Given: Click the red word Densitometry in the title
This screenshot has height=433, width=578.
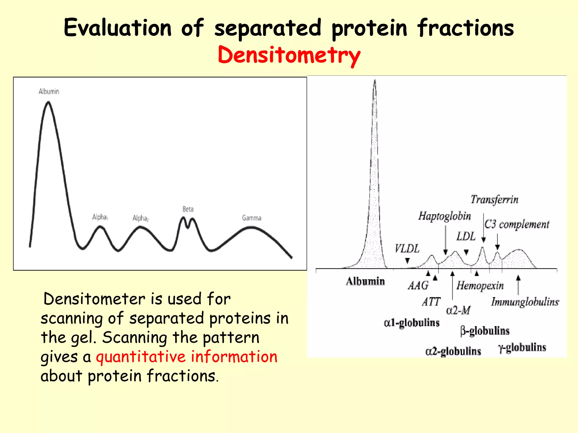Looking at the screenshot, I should tap(289, 55).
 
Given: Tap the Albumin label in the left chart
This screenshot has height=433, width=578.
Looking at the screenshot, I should tap(49, 91).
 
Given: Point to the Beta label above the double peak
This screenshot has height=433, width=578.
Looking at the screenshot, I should tap(188, 209).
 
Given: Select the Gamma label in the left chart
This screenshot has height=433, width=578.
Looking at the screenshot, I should tap(251, 218).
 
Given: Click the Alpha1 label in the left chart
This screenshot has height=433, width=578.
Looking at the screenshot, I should tap(100, 217).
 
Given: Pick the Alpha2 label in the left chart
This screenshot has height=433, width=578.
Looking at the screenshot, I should tap(140, 218).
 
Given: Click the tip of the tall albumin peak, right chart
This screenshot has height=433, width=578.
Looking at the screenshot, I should tap(375, 81).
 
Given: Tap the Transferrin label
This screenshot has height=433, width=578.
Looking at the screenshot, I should tap(494, 200).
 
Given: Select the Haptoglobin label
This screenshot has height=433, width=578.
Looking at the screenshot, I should tap(445, 216).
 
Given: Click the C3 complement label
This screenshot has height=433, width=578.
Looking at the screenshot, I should tap(517, 224).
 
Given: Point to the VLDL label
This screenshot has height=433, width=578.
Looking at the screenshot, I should tap(407, 249).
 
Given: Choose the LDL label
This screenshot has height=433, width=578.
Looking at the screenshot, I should tap(466, 236).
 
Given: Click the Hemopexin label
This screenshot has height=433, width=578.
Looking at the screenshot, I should tap(480, 286).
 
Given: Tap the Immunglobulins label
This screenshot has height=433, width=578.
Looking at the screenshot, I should tap(525, 302).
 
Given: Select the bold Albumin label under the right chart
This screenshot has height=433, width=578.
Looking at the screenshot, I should tap(365, 281).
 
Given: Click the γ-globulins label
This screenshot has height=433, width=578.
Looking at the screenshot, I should tap(522, 348).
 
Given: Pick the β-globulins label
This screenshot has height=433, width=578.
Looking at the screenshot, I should tap(485, 331).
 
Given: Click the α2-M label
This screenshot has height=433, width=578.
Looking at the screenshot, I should tap(458, 310).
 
